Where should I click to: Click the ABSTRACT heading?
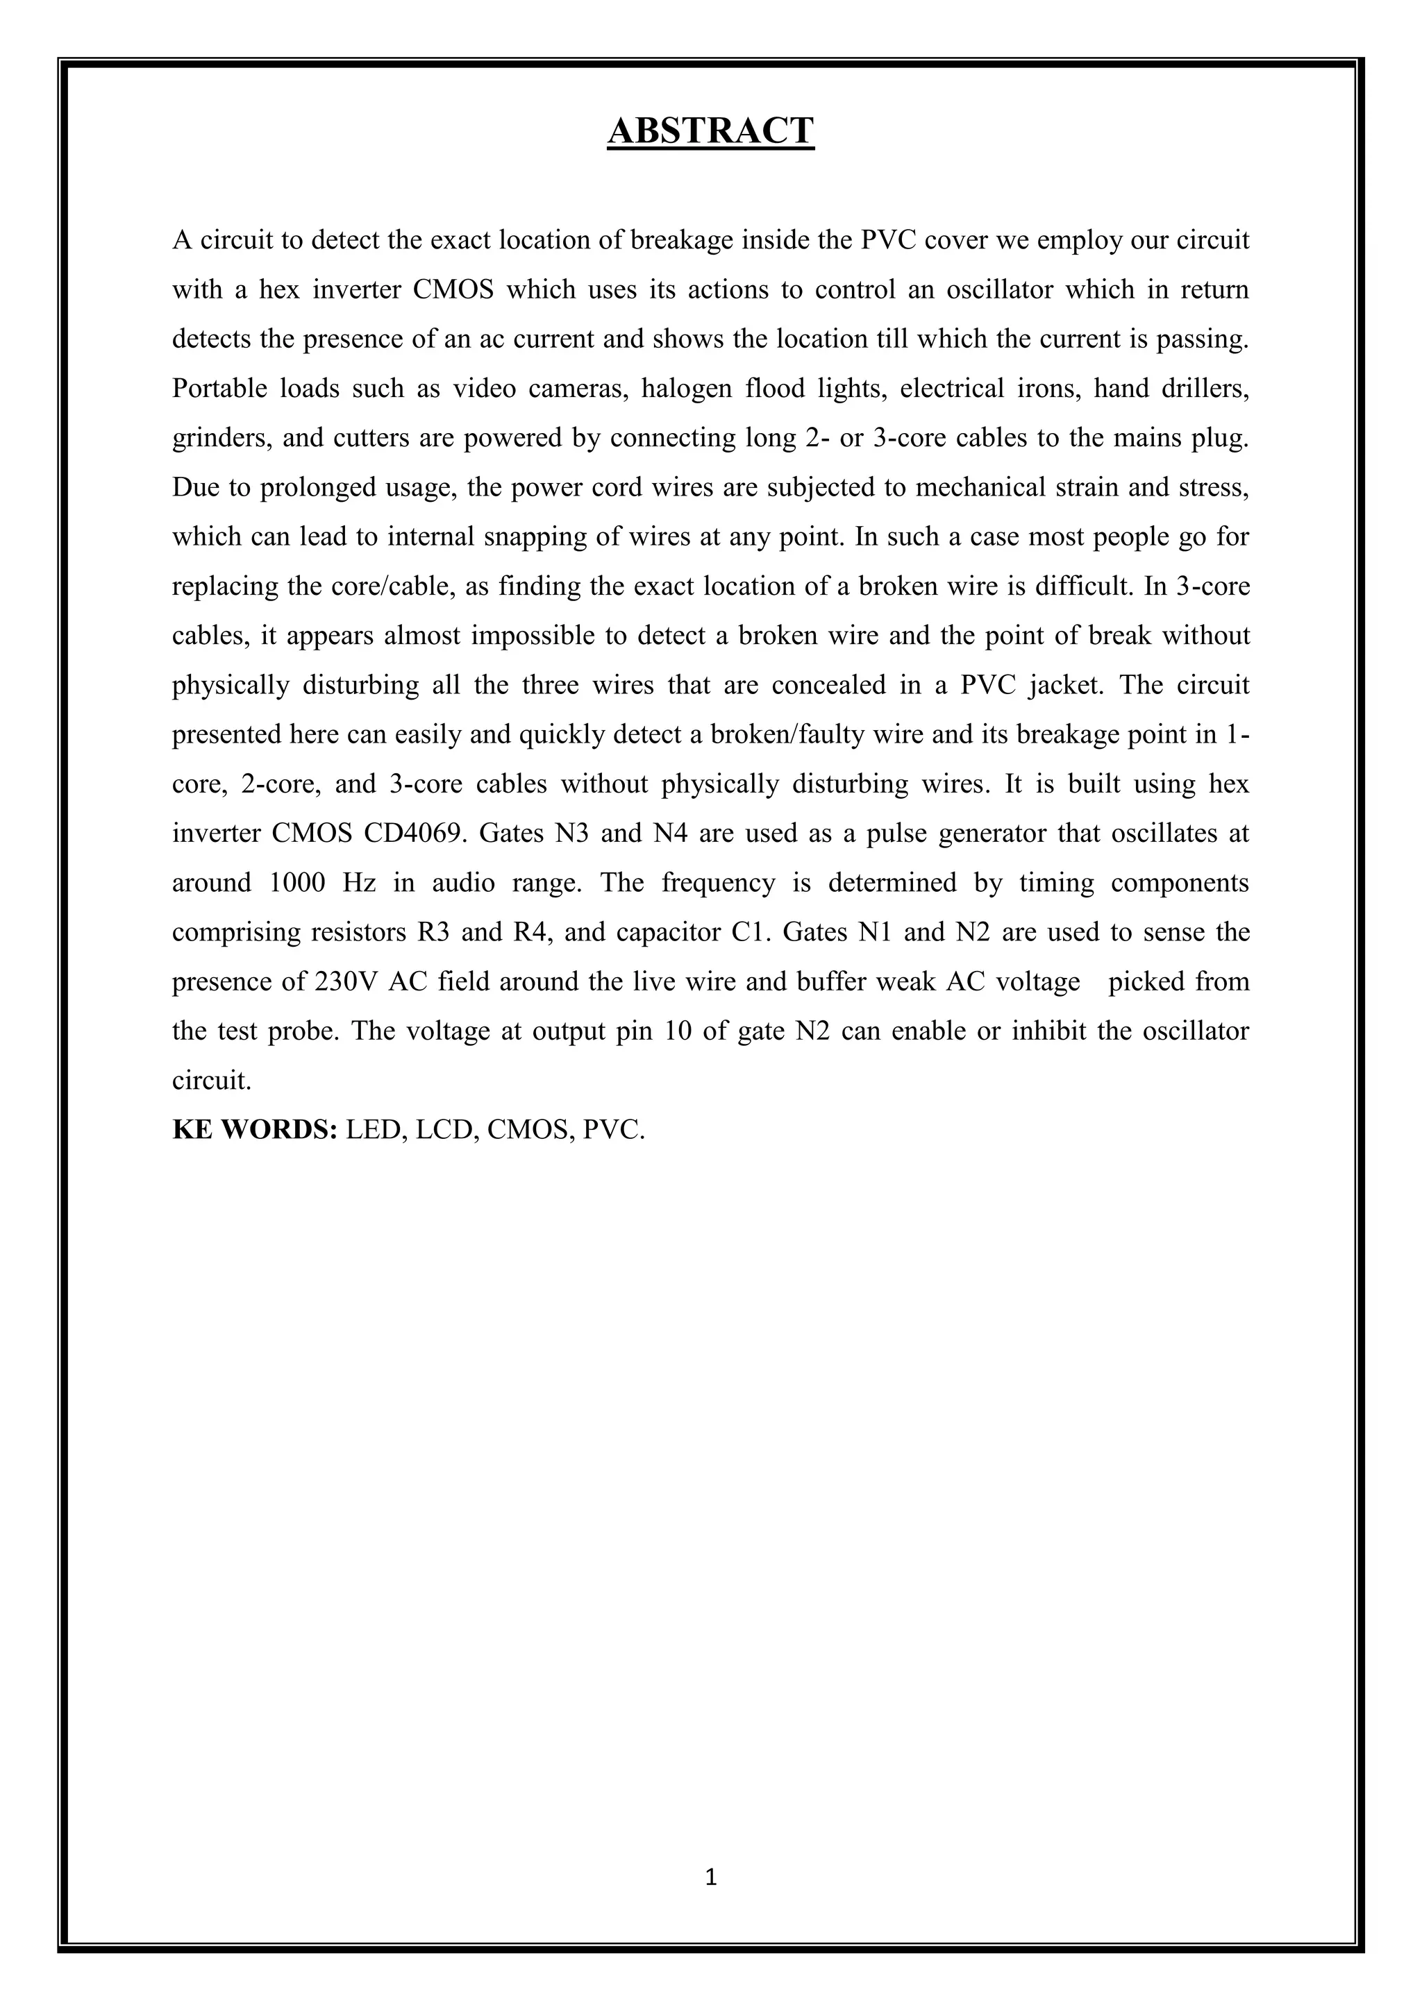(x=710, y=131)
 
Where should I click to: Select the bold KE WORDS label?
(x=255, y=1129)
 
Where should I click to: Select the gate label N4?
(x=673, y=833)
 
